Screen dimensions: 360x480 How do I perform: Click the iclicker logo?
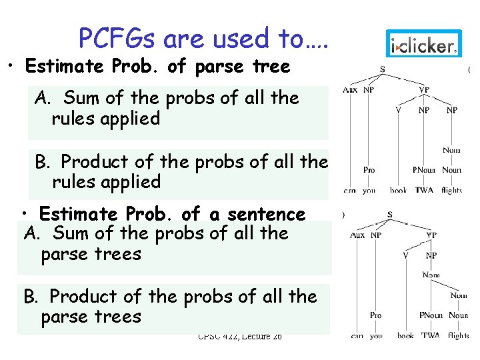[424, 45]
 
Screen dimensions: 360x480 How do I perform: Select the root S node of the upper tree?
[382, 70]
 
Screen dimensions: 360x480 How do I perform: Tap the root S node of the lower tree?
[389, 215]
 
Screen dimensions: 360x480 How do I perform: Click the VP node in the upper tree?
[423, 90]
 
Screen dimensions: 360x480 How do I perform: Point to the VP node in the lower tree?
[431, 235]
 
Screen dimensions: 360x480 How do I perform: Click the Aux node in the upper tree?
[349, 90]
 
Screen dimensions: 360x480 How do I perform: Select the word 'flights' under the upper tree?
[451, 191]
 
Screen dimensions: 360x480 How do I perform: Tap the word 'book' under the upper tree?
[398, 191]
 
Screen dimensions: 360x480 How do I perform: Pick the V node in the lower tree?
[405, 255]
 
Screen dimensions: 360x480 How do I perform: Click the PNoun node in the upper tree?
[423, 170]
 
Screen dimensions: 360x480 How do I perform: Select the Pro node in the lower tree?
[376, 315]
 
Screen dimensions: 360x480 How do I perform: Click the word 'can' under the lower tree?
[357, 336]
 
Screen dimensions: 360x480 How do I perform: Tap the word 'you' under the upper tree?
[369, 191]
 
